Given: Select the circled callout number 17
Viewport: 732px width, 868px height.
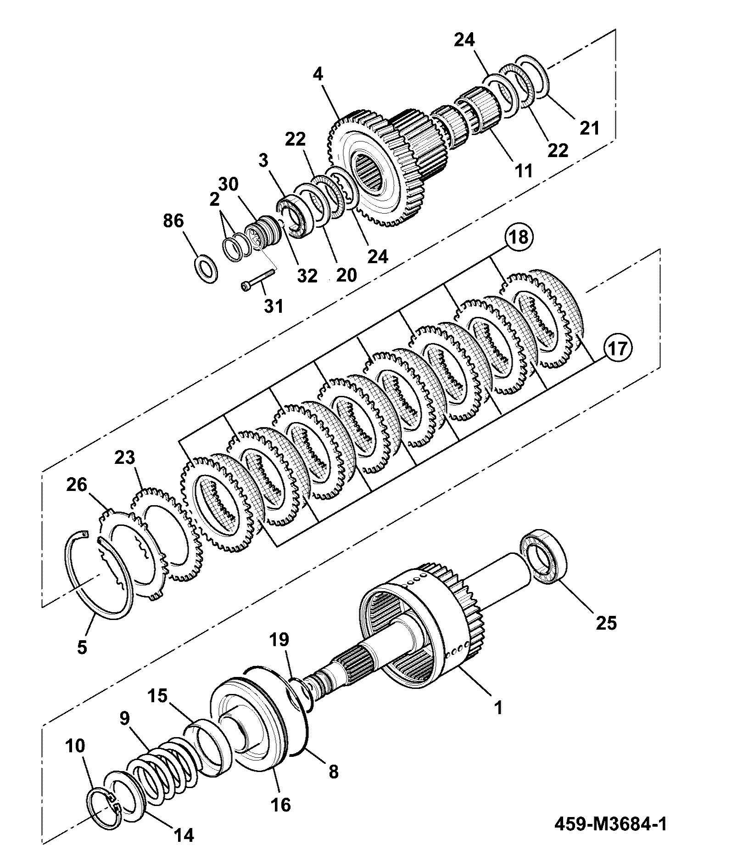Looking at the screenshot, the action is (x=617, y=349).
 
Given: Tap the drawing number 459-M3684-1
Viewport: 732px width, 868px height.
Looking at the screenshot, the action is (x=611, y=824).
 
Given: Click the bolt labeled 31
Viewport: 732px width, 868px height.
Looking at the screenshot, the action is (x=257, y=280).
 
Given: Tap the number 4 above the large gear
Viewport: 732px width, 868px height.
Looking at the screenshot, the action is (x=318, y=75).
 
